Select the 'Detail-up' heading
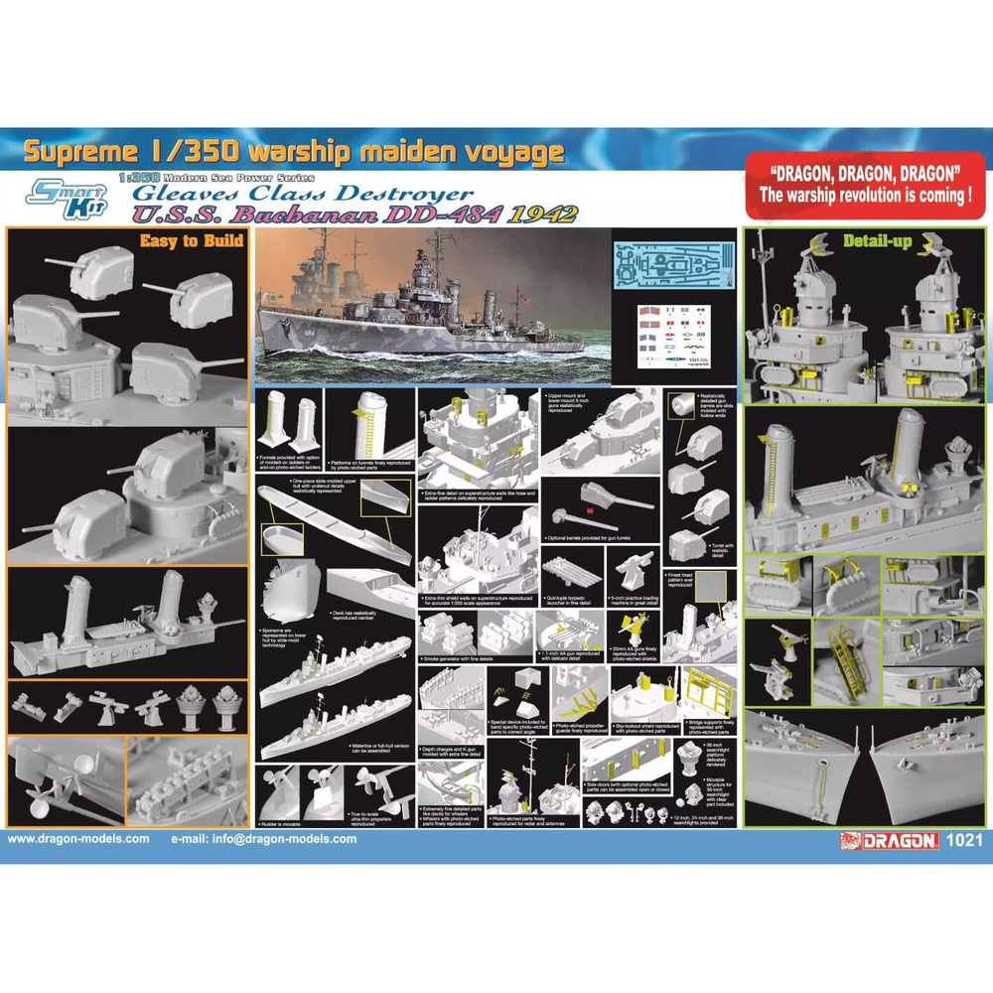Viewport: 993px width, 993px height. (877, 241)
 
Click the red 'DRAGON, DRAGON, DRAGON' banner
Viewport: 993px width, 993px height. (865, 184)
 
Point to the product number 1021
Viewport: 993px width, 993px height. (965, 840)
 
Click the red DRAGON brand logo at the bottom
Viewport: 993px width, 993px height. (889, 840)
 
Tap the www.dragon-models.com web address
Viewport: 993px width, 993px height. (79, 839)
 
